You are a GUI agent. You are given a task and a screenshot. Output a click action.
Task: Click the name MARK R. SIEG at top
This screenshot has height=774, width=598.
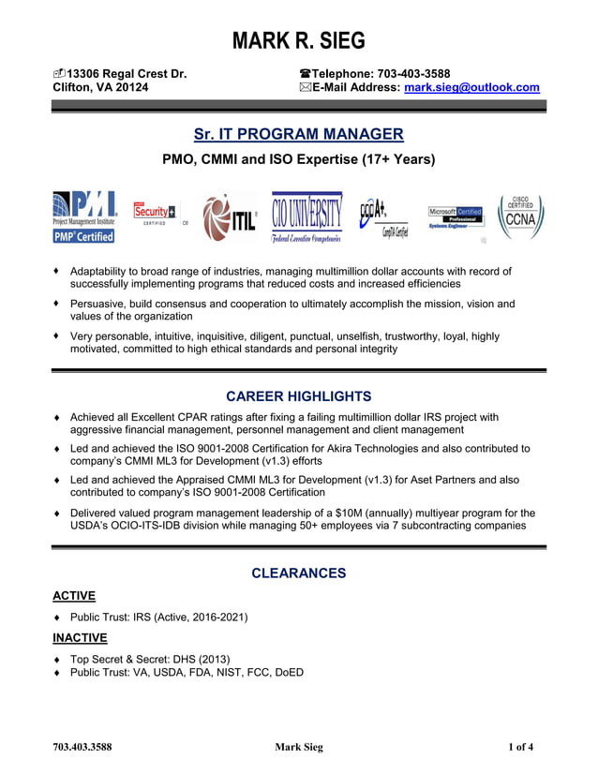(298, 41)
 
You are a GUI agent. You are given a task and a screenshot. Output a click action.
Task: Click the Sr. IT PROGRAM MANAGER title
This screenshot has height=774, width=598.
(298, 134)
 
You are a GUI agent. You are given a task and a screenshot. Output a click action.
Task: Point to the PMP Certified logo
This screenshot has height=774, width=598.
(84, 217)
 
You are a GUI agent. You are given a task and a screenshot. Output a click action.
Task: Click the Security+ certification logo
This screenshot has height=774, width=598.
(157, 215)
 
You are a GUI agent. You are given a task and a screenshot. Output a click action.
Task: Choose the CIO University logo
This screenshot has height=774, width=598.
(306, 217)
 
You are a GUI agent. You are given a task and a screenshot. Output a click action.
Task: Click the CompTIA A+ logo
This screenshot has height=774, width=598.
(384, 216)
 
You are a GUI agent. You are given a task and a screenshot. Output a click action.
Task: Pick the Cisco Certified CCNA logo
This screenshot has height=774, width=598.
(520, 216)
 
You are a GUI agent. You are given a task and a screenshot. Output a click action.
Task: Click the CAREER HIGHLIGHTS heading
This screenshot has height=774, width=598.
(298, 396)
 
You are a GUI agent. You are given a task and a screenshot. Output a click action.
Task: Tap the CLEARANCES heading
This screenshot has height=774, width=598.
(298, 573)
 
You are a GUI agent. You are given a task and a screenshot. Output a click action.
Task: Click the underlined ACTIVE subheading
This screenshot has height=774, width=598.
(73, 596)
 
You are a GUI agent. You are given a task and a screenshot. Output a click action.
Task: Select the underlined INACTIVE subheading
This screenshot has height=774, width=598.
(80, 637)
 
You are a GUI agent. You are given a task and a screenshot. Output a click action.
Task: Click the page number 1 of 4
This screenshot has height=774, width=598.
(520, 747)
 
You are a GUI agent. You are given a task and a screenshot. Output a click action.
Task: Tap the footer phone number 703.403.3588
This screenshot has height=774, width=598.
(82, 747)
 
